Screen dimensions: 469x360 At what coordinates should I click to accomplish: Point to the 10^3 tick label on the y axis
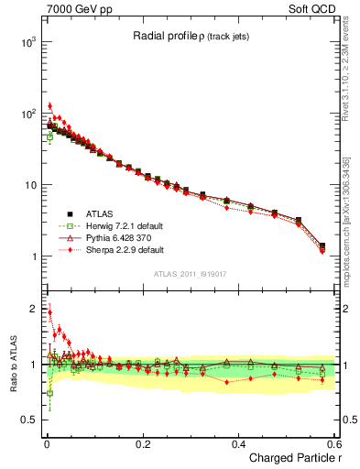[27, 42]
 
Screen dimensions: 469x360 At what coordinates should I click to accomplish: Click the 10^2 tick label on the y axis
[27, 114]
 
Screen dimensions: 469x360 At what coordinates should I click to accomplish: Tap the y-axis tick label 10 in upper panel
[28, 185]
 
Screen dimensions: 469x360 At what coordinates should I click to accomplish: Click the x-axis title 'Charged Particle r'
[290, 459]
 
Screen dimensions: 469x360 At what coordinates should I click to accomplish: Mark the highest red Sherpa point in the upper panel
[49, 106]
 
